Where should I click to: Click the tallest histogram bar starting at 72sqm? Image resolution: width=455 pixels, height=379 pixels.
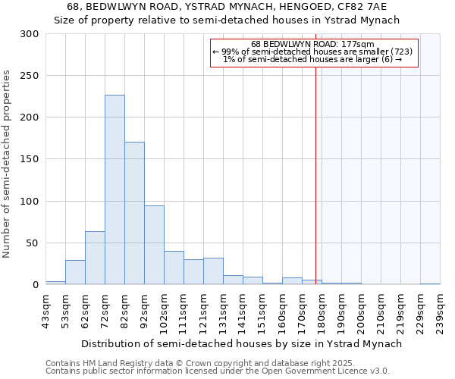tap(115, 189)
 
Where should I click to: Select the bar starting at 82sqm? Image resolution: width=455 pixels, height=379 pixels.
tap(134, 213)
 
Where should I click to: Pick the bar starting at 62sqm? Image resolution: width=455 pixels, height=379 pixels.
tap(95, 258)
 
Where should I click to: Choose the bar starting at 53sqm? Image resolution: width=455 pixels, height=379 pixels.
tap(75, 272)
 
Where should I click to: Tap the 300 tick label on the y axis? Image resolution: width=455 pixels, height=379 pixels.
tap(30, 34)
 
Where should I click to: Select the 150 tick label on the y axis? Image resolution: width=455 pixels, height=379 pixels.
tap(30, 159)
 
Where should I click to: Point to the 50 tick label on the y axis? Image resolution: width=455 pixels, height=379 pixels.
tap(33, 243)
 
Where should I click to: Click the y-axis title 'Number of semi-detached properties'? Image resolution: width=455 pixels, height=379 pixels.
tap(8, 164)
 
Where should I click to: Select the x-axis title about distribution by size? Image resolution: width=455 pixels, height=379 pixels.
tap(241, 343)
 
